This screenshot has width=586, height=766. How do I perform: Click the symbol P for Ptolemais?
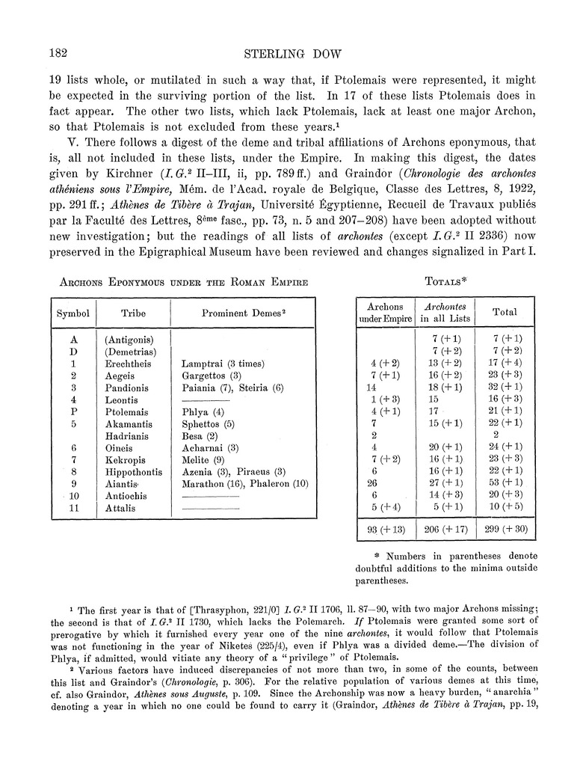click(x=73, y=412)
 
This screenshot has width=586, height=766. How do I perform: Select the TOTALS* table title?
click(x=446, y=281)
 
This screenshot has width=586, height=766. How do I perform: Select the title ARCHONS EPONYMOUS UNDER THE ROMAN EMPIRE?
click(x=179, y=281)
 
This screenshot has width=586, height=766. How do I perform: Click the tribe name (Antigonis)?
click(x=131, y=340)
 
